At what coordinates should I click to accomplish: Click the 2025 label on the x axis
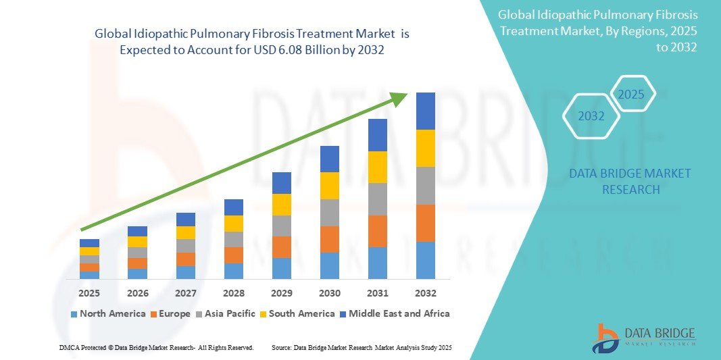[x=89, y=293]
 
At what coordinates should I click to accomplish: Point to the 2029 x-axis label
[x=282, y=293]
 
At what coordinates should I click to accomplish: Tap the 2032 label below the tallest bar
[x=426, y=293]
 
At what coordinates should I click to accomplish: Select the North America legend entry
[x=108, y=313]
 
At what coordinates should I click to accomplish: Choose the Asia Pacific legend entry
[x=226, y=313]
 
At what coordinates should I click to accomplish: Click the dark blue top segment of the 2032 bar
[x=426, y=111]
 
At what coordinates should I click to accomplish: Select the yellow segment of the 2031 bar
[x=378, y=167]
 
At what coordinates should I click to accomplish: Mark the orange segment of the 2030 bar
[x=330, y=239]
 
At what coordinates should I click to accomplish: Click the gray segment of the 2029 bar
[x=282, y=226]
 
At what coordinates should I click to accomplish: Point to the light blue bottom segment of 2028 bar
[x=234, y=271]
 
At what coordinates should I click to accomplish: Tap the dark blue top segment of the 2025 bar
[x=89, y=243]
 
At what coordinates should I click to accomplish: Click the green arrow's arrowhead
[x=400, y=99]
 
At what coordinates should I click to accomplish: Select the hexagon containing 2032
[x=591, y=116]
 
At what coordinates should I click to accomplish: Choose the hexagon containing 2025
[x=632, y=94]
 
